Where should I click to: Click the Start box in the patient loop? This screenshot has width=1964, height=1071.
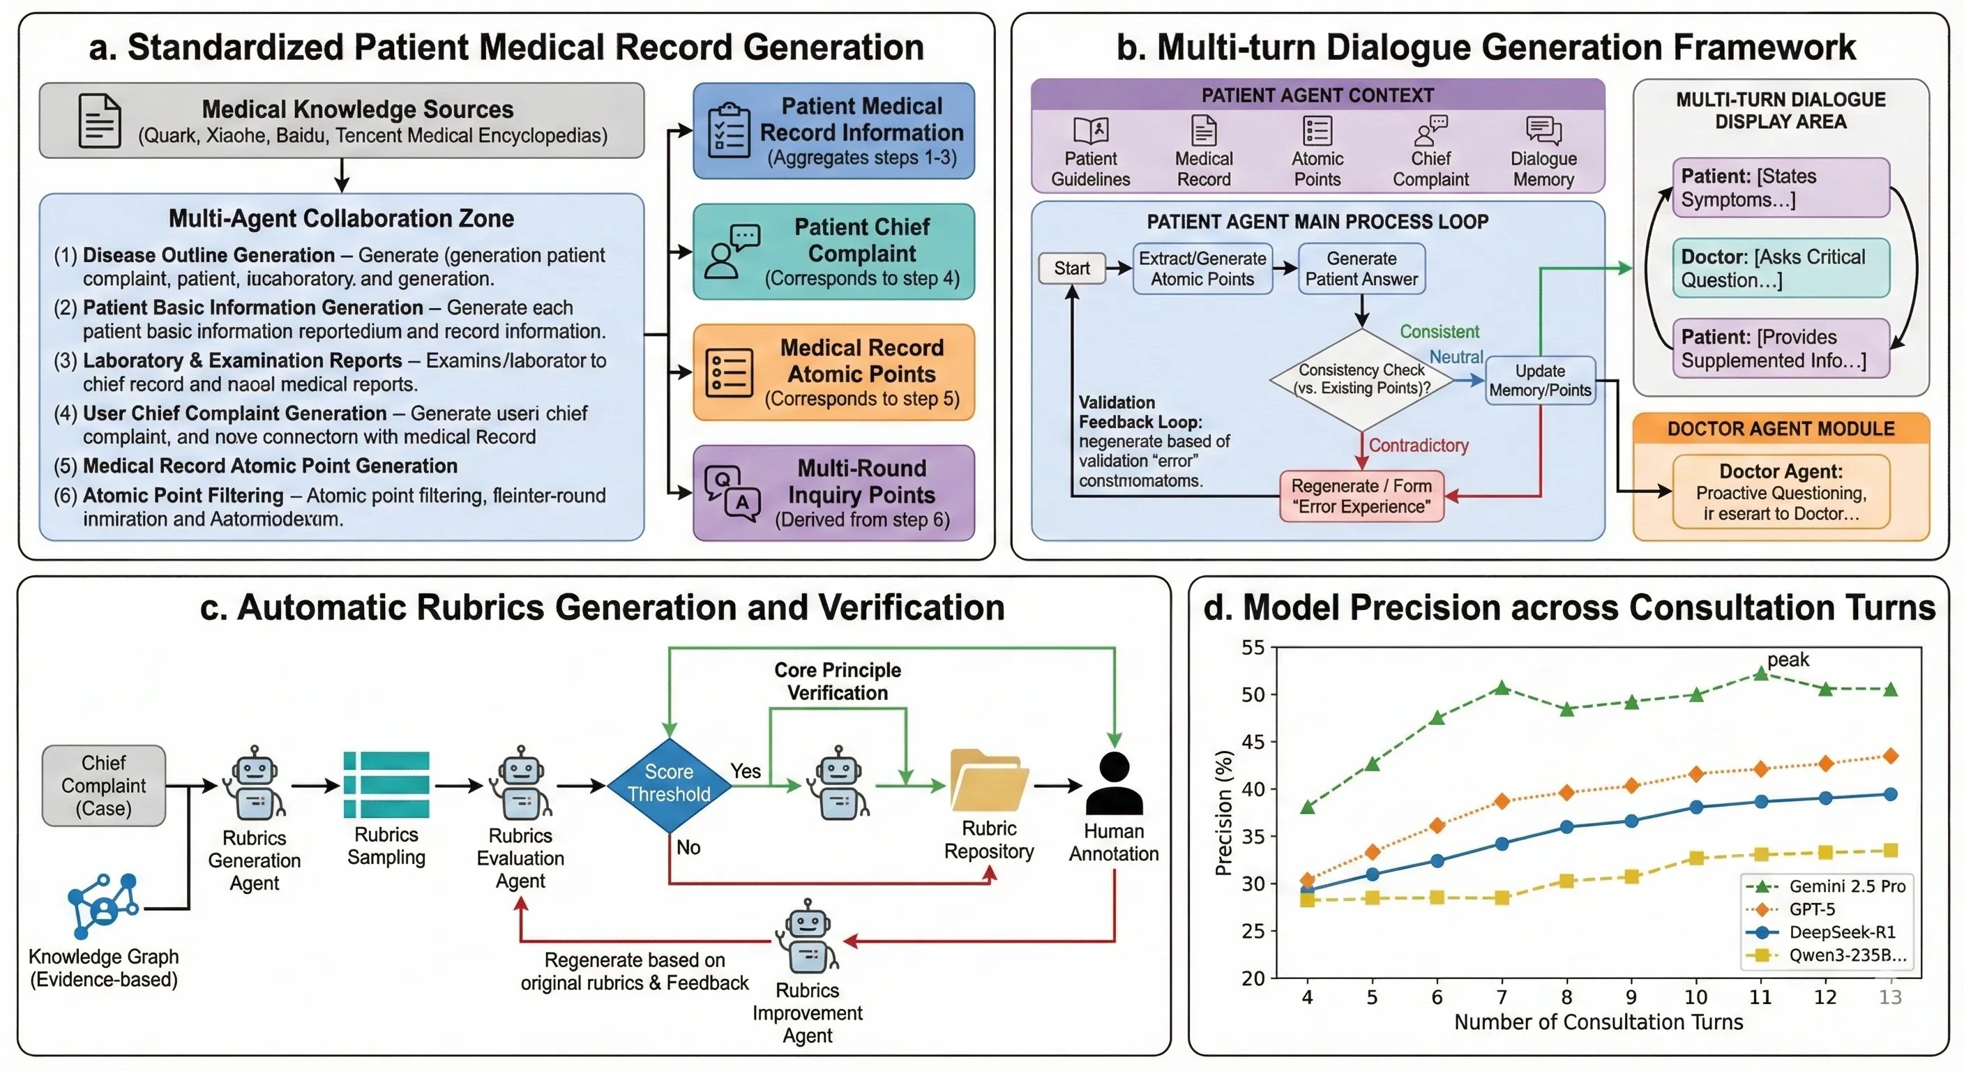tap(1072, 268)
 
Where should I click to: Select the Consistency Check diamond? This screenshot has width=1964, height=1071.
tap(1361, 379)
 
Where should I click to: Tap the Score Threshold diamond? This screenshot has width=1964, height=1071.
tap(669, 784)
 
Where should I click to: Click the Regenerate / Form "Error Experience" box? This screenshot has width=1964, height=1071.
tap(1361, 496)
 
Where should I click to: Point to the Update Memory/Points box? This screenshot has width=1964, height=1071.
tap(1540, 381)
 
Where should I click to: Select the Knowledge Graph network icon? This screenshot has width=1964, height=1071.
tap(103, 906)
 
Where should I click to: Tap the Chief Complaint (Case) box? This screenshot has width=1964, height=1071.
tap(104, 785)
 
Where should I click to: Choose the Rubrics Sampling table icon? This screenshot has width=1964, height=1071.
tap(386, 784)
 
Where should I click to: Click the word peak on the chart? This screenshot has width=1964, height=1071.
tap(1788, 660)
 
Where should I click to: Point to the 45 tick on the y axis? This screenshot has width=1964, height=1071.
tap(1253, 742)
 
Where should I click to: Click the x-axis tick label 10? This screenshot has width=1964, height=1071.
tap(1695, 997)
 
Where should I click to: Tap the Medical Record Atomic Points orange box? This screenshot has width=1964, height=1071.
tap(833, 373)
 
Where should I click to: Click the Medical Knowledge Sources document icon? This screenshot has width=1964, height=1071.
tap(100, 121)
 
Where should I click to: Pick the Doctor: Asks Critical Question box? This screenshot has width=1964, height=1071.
tap(1781, 268)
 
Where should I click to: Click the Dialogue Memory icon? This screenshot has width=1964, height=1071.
tap(1544, 130)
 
